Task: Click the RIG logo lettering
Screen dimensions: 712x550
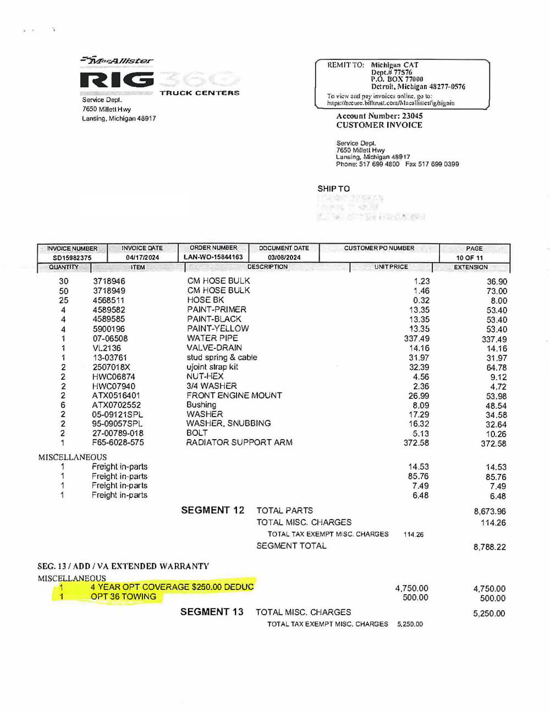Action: click(117, 80)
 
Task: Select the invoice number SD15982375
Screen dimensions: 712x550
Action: click(72, 258)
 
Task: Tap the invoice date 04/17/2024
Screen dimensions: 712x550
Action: click(142, 258)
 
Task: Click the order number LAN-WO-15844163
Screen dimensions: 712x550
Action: click(213, 257)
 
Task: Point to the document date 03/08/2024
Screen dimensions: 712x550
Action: click(284, 258)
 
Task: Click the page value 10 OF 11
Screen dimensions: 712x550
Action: click(469, 258)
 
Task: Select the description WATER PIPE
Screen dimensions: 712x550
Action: click(212, 338)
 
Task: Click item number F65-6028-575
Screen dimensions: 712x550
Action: click(118, 442)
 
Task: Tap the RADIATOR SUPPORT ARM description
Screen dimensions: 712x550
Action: click(239, 442)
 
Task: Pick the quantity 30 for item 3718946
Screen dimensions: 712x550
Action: click(64, 281)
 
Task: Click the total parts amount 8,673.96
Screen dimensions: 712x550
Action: click(490, 511)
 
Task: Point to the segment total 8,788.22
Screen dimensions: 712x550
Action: click(490, 547)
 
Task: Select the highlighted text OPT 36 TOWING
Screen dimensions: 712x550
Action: click(123, 596)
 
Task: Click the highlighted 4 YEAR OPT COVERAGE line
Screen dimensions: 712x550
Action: click(172, 587)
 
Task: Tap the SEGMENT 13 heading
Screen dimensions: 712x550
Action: click(212, 612)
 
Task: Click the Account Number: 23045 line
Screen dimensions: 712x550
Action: click(380, 116)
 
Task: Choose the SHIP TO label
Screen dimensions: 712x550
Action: click(333, 189)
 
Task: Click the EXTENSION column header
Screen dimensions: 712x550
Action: click(471, 267)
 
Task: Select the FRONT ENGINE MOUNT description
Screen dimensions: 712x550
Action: click(234, 396)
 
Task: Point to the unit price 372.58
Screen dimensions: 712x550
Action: click(416, 442)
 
